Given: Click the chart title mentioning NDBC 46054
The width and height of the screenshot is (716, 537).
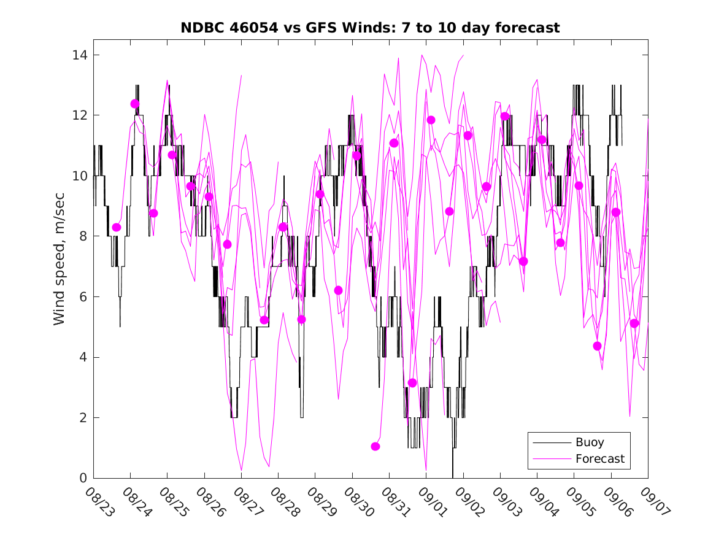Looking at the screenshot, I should (x=370, y=28).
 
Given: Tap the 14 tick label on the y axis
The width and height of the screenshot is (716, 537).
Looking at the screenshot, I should (x=80, y=55).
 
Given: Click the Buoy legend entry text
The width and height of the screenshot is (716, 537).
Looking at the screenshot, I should (x=590, y=442).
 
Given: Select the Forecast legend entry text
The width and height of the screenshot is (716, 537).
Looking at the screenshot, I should (x=600, y=458).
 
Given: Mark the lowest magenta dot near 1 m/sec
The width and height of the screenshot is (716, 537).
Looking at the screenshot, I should (x=375, y=446).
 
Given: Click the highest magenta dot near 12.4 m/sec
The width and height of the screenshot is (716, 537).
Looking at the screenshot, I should (x=135, y=104).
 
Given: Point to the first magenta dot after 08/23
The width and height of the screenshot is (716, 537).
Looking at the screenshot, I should (x=117, y=227).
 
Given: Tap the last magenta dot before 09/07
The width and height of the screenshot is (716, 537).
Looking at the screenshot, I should (x=634, y=323).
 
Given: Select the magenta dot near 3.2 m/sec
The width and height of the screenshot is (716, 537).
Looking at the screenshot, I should (x=412, y=382).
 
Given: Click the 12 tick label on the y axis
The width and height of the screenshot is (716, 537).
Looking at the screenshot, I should (x=80, y=115).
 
